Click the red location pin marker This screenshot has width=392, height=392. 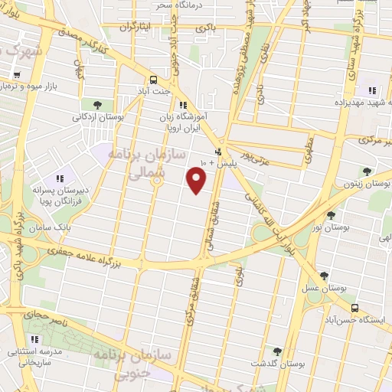[198, 181]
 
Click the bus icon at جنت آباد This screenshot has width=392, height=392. [154, 80]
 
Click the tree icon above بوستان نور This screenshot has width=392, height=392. [331, 194]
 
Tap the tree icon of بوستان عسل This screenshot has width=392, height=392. [324, 276]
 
